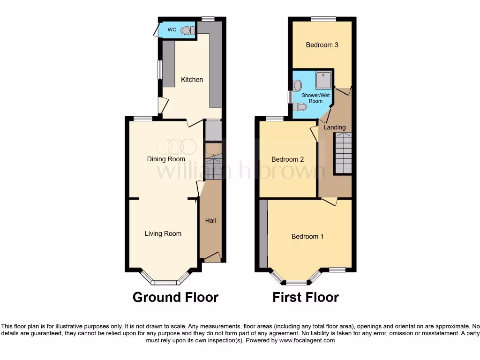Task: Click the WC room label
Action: (x=172, y=30)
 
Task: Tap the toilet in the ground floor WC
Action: (x=187, y=30)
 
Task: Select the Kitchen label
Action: (x=192, y=80)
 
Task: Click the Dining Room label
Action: (x=166, y=159)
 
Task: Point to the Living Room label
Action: (x=163, y=233)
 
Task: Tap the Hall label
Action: (x=210, y=220)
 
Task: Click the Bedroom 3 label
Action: (x=322, y=45)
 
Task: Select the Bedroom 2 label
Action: (x=288, y=159)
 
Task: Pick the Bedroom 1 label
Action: (x=307, y=236)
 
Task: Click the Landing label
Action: (x=335, y=127)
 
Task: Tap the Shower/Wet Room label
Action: (x=315, y=98)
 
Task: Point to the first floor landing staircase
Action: (x=343, y=153)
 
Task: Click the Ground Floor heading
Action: (x=175, y=297)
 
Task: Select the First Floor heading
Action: (x=306, y=297)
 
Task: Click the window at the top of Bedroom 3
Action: (x=323, y=19)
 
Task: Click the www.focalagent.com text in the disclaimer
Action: (x=307, y=341)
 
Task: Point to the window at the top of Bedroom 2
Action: (x=275, y=119)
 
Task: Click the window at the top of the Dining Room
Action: (x=142, y=119)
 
